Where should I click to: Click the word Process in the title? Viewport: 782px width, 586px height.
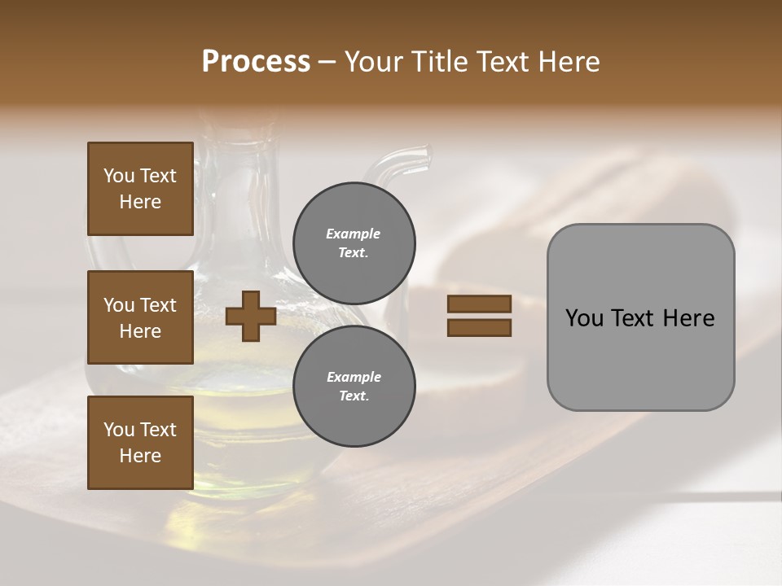coord(256,62)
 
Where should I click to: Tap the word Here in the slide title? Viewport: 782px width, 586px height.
coord(568,62)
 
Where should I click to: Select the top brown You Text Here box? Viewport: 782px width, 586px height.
coord(140,189)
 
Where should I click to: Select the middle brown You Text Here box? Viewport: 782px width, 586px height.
coord(140,317)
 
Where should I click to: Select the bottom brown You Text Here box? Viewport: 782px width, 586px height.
coord(140,443)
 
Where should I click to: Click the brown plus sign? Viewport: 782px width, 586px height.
coord(251,316)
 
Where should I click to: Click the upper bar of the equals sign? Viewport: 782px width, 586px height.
coord(479,304)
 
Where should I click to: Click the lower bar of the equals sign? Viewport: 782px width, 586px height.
coord(479,328)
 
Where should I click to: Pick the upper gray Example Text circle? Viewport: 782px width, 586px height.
coord(354,243)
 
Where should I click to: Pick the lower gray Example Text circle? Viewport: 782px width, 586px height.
coord(354,386)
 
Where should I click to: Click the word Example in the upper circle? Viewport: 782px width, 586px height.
coord(353,234)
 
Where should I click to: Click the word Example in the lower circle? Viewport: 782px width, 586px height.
coord(354,377)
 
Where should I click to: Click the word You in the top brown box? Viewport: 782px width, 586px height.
coord(119,176)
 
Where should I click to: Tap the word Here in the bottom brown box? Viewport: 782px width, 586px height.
coord(140,456)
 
